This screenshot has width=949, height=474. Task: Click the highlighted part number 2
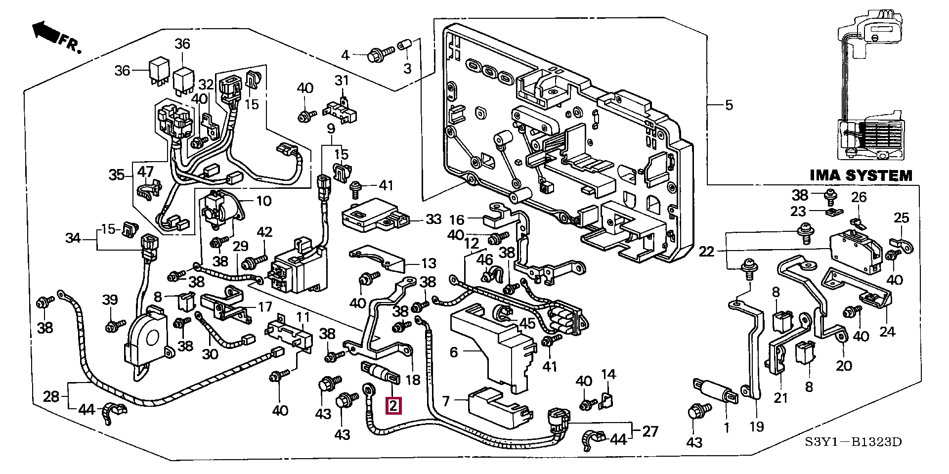(393, 406)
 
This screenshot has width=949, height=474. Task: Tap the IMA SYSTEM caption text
(861, 175)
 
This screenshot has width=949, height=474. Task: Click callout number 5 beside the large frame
(729, 105)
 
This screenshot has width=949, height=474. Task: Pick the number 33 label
(433, 219)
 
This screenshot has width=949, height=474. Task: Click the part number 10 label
(264, 201)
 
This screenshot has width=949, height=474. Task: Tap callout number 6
(454, 352)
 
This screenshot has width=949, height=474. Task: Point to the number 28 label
(51, 396)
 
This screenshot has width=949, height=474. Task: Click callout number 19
(757, 426)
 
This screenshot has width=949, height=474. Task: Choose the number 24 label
(887, 331)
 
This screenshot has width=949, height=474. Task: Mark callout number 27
(650, 431)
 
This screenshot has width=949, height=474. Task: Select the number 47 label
(145, 172)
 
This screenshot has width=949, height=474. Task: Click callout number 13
(429, 263)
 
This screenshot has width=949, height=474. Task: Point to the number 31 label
(342, 80)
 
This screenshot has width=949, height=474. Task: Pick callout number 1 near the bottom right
(727, 426)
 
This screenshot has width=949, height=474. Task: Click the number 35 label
(117, 175)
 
